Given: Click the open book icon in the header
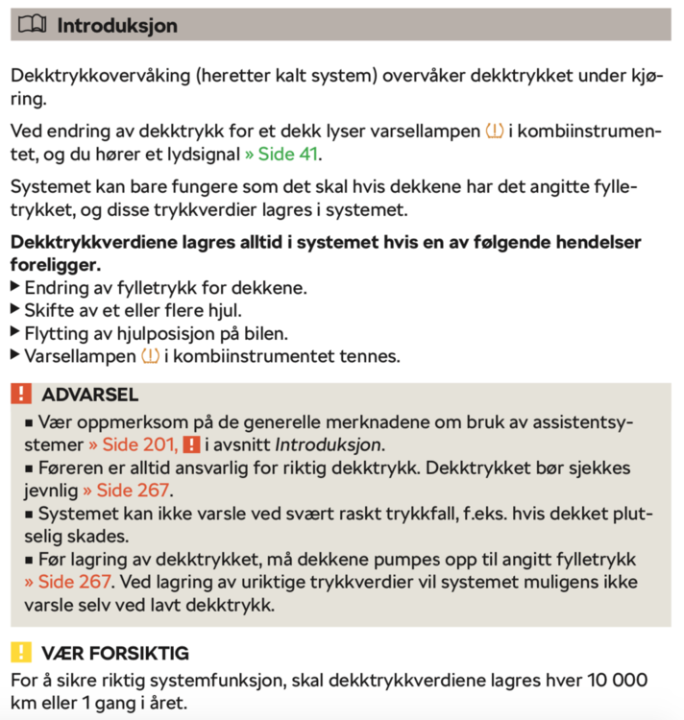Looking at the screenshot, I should (33, 26).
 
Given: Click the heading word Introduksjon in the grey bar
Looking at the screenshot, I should (117, 26).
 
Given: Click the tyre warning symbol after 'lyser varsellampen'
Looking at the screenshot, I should (495, 131).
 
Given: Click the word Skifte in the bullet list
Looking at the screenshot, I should (50, 310).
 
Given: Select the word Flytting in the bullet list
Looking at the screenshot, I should (57, 333).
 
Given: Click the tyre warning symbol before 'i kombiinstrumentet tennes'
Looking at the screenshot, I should (150, 356).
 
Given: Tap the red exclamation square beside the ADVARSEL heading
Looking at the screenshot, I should (22, 395).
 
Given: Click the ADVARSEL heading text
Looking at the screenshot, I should (90, 395).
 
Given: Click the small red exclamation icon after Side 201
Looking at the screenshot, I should (191, 444).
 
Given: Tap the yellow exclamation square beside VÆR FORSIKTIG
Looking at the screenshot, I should (22, 653).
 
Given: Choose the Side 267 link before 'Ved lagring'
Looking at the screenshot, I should (68, 583).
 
